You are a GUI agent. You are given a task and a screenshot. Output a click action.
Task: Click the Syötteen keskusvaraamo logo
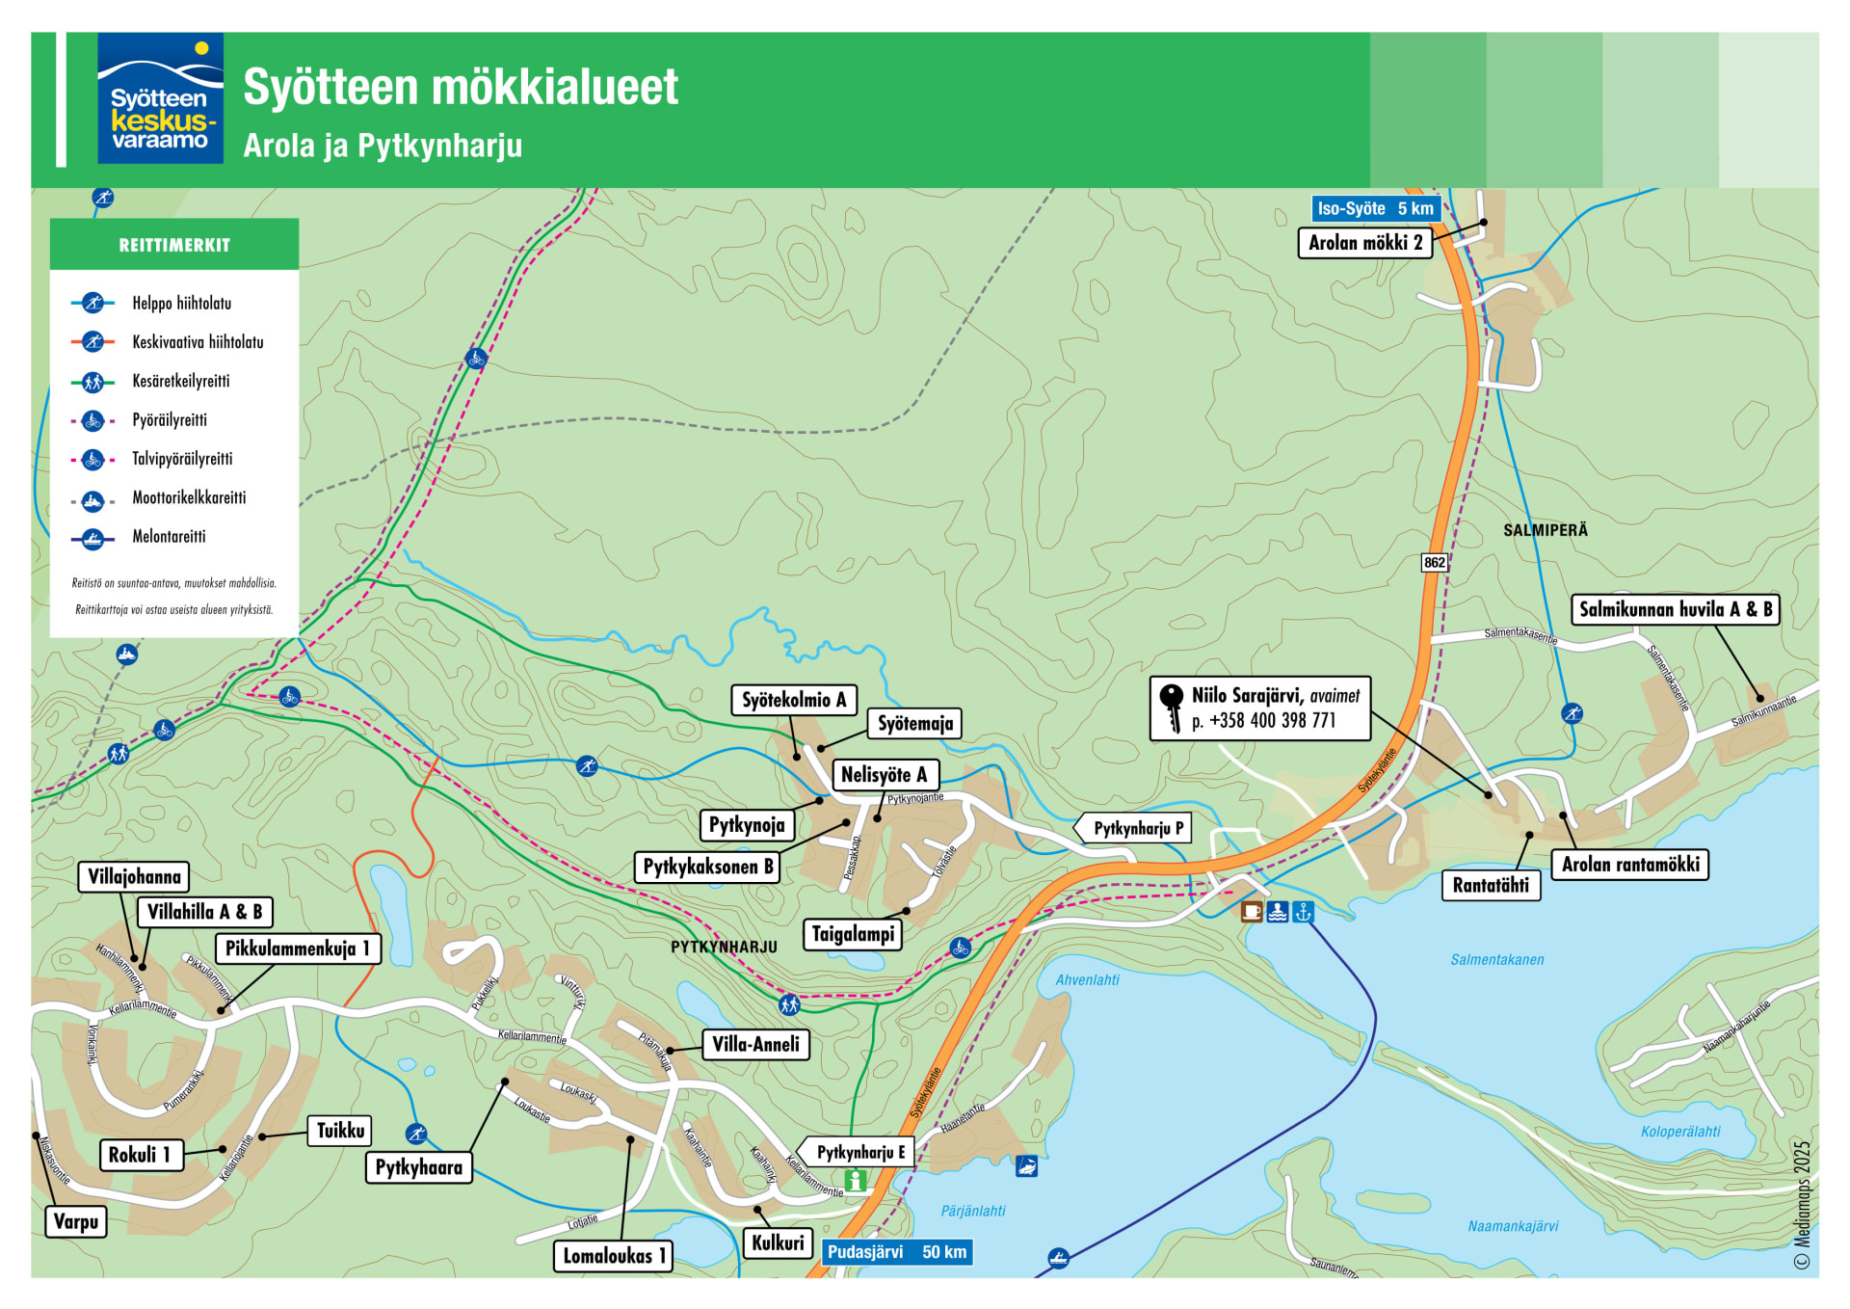(160, 98)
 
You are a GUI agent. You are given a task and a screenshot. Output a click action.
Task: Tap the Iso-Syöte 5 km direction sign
(1375, 208)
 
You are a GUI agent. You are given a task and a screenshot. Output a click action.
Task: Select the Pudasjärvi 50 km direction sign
(896, 1252)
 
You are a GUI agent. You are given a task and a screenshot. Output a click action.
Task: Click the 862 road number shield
(1434, 563)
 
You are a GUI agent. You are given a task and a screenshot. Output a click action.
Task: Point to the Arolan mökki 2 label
(1364, 243)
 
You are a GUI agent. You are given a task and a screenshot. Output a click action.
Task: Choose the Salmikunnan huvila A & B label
(1675, 609)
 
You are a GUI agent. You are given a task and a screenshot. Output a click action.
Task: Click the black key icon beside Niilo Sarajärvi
(1172, 708)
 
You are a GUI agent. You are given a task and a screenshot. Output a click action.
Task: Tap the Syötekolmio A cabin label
(793, 700)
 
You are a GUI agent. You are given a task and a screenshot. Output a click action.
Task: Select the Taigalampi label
(853, 934)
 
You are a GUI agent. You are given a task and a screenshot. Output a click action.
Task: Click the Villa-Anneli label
(755, 1045)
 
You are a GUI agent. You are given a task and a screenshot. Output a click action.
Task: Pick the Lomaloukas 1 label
(614, 1256)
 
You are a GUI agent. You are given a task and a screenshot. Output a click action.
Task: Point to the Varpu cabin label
(76, 1222)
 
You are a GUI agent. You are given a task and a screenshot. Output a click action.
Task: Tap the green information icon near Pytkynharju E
(855, 1180)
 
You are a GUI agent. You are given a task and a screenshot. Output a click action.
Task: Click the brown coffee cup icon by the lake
(1251, 911)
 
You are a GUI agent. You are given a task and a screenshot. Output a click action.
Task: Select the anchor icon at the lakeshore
(1303, 911)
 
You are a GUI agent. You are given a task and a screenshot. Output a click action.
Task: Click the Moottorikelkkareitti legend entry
(189, 498)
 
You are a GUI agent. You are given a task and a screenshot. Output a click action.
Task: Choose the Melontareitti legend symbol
(92, 538)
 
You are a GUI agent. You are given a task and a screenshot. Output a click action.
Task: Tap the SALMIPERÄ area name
(1545, 530)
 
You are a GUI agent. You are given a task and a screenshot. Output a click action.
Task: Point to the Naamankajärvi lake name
(1513, 1226)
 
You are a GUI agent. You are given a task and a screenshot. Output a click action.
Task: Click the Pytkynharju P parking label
(1138, 828)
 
